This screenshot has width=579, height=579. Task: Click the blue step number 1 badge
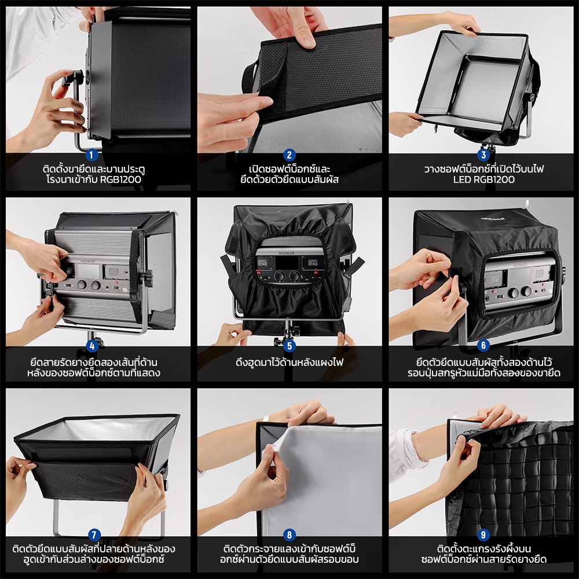(x=91, y=155)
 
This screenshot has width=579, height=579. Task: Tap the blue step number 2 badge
(x=289, y=155)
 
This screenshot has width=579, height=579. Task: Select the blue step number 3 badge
(x=483, y=155)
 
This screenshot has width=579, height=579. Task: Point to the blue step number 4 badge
(x=92, y=346)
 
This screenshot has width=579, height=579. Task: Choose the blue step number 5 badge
(x=289, y=346)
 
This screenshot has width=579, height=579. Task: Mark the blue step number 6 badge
(x=483, y=346)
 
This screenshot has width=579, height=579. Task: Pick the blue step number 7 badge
(x=94, y=534)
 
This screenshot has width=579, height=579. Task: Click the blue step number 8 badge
(x=289, y=534)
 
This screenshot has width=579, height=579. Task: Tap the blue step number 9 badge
(x=483, y=534)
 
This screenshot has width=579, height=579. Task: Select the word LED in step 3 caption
(x=461, y=180)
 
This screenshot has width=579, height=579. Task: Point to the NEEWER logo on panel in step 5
(x=287, y=254)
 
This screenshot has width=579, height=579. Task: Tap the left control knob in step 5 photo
(x=280, y=276)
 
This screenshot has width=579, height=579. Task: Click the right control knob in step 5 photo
(x=294, y=276)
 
